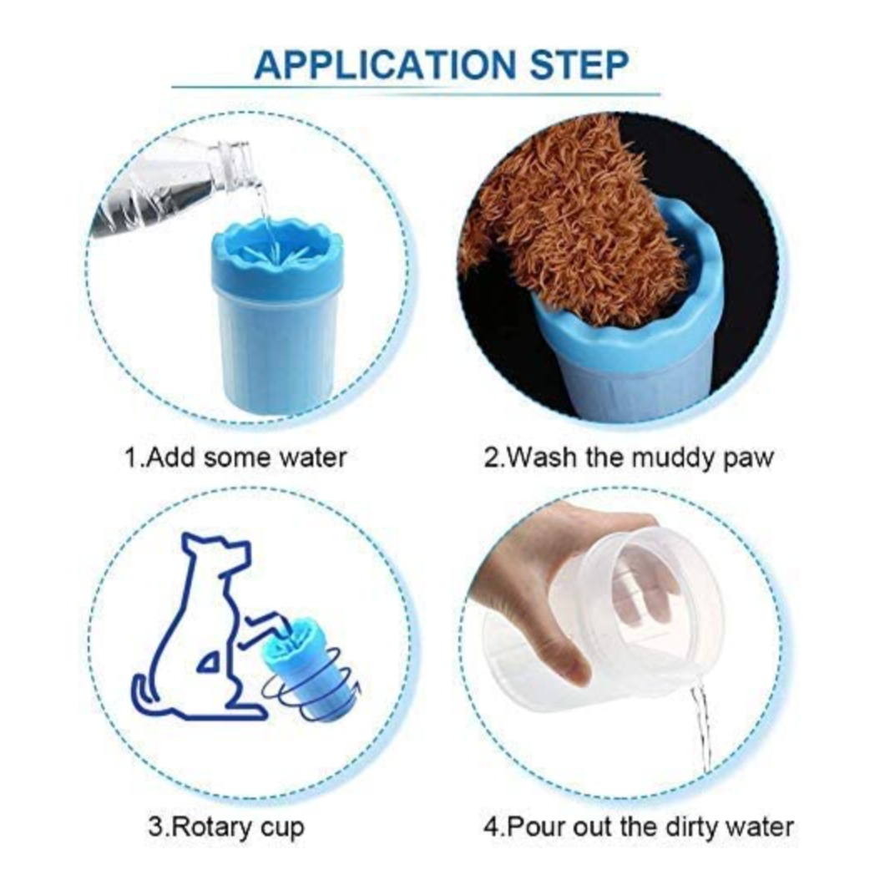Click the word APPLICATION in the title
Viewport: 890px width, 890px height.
(384, 64)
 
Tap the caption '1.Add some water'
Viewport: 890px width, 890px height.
(235, 458)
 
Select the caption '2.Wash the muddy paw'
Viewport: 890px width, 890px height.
(629, 458)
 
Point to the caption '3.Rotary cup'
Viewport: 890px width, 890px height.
(226, 827)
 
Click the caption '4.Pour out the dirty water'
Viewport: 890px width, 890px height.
(639, 827)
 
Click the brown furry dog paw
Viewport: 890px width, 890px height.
(576, 217)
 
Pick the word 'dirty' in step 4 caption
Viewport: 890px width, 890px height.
(690, 827)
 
